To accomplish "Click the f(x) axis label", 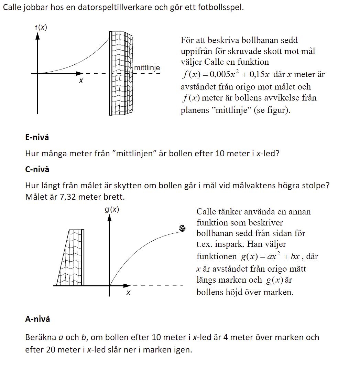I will coord(41,27).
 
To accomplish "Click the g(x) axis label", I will coord(112,209).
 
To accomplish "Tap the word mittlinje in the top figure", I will coord(147,68).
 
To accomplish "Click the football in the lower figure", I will coord(182,228).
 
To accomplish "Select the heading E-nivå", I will coord(37,137).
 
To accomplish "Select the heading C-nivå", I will coord(37,169).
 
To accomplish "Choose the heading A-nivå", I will coord(37,319).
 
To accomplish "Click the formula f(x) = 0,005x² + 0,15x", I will coord(226,74).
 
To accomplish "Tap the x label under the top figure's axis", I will coord(81,81).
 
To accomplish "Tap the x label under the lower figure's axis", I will coord(128,293).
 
